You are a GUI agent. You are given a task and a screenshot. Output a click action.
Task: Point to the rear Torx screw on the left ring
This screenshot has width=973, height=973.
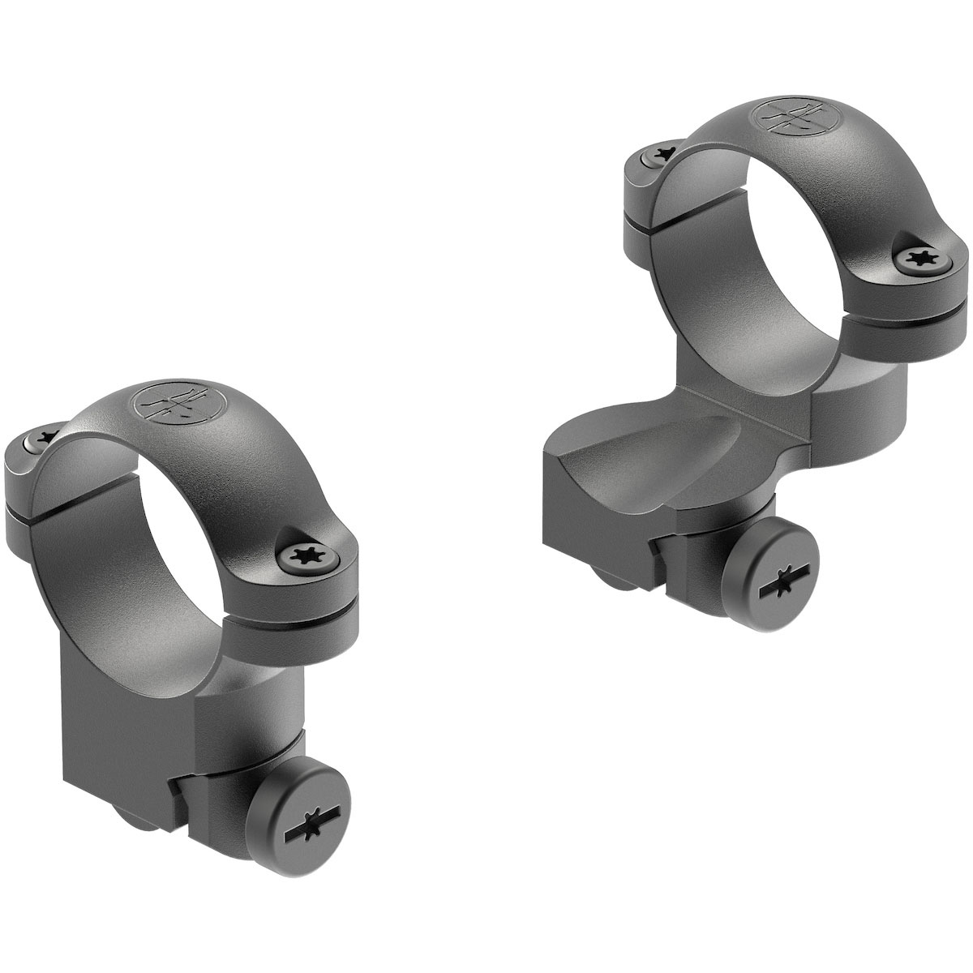[36, 439]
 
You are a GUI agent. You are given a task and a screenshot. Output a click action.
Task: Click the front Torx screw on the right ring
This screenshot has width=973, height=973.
[918, 258]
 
